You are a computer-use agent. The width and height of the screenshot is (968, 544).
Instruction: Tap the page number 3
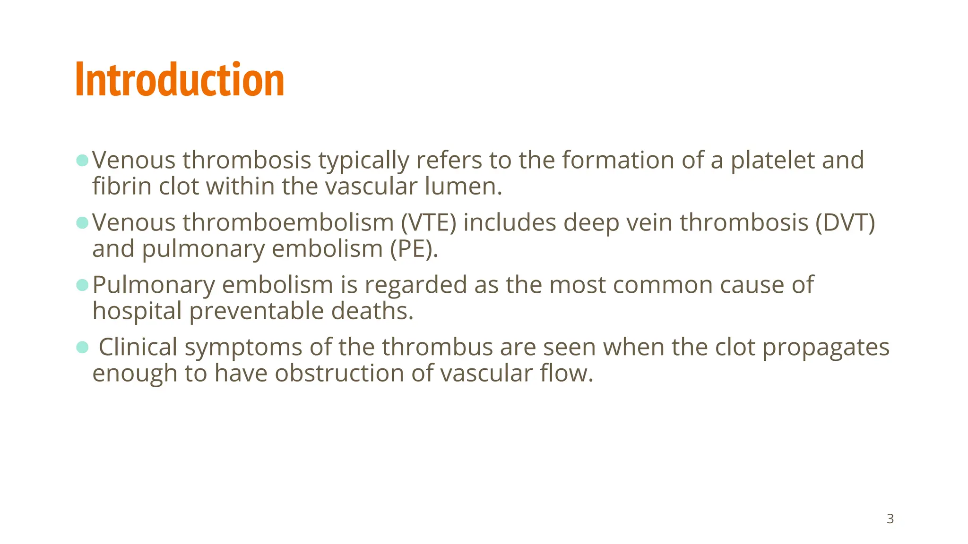[890, 519]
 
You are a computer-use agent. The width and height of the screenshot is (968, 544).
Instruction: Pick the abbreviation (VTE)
[428, 222]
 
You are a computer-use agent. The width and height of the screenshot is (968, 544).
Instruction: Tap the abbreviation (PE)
[414, 249]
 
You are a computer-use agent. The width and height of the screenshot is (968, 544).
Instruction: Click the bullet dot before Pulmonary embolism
[82, 285]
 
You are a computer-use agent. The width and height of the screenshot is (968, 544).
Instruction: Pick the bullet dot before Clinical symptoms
[82, 347]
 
